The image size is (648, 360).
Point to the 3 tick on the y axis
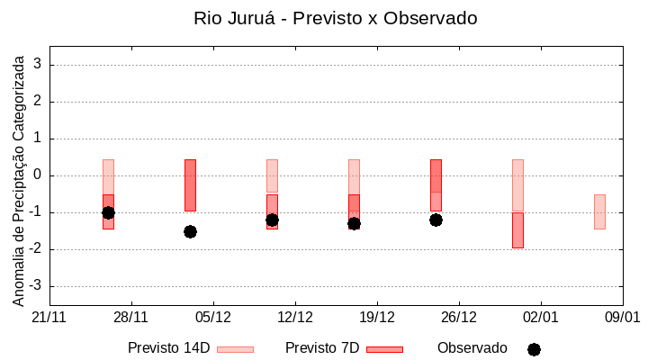coord(39,65)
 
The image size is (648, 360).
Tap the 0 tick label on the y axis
coord(39,175)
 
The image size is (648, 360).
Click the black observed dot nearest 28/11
coord(108,212)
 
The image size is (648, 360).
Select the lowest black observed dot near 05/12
coord(190,231)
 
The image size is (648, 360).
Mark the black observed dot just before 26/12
coord(436,220)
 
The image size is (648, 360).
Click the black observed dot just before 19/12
coord(354,223)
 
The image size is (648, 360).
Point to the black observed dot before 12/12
coord(272,220)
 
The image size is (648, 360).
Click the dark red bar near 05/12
coord(190,184)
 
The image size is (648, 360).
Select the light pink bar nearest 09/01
coord(599,211)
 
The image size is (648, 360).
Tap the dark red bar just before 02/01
coord(517,229)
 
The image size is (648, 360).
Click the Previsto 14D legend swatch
coord(235,349)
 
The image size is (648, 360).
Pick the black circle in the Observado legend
coord(534,349)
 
